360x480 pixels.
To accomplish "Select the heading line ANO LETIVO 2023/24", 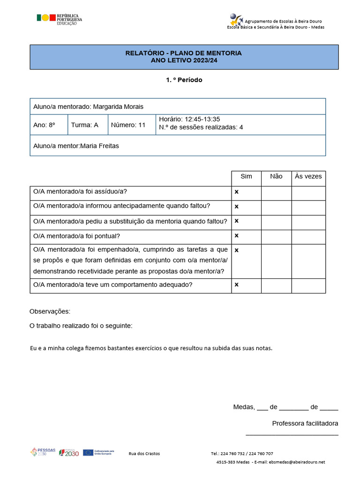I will (184, 60).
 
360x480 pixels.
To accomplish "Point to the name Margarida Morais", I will (118, 107).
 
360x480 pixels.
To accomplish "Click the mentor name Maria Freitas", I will (100, 146).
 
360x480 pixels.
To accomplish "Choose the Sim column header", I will (246, 176).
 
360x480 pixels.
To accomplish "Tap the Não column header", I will (276, 176).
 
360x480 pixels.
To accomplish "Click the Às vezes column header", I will (308, 176).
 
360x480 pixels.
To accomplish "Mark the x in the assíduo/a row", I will (237, 192).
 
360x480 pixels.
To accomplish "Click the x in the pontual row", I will (237, 235).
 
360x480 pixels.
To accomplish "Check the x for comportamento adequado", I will (237, 285).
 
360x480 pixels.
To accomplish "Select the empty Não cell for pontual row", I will (276, 237).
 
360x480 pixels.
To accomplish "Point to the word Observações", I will (50, 311).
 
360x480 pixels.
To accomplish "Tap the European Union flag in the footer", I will (88, 452).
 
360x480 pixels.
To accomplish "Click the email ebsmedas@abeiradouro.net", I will (296, 462).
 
